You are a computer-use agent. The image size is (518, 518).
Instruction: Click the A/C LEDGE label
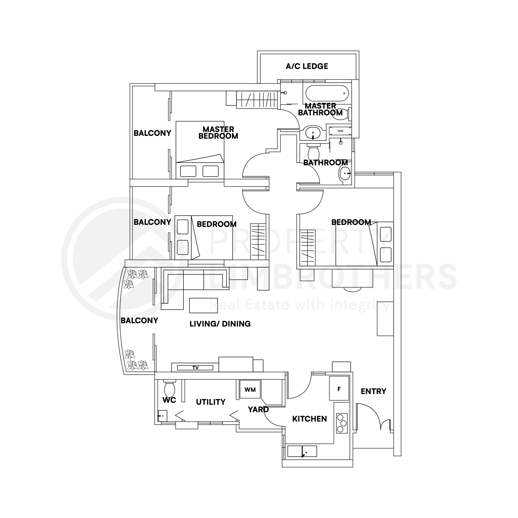tap(307, 66)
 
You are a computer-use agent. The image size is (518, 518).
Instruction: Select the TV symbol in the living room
tap(195, 368)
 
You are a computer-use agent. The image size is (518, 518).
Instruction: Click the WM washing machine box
tap(250, 390)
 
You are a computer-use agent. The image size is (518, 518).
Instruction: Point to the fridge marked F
tap(339, 388)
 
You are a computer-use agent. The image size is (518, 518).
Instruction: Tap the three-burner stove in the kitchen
tap(342, 423)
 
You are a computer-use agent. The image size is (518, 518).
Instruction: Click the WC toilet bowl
tap(169, 389)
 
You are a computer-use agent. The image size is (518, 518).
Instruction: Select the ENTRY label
tap(373, 392)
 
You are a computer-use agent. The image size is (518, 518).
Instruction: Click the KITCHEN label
tap(309, 419)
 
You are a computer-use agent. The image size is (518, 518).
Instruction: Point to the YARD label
tap(258, 409)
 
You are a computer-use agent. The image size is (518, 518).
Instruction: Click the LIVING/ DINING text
tap(220, 324)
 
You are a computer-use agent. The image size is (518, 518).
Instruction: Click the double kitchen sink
tap(302, 451)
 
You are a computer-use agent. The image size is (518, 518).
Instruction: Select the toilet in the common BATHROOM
tap(313, 153)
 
